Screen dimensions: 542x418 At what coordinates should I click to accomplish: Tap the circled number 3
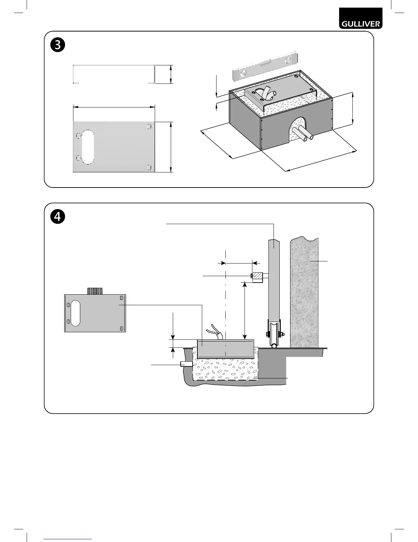tap(58, 45)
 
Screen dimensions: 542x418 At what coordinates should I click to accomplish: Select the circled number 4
tap(58, 217)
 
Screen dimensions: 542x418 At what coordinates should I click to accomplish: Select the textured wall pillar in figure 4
tap(304, 291)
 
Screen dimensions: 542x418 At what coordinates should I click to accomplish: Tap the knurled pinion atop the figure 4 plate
tap(95, 291)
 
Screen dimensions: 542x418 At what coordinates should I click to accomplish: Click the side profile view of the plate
tap(114, 74)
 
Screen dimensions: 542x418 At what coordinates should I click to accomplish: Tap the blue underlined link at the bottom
tap(68, 539)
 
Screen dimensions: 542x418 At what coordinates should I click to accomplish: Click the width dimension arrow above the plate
tap(114, 107)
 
